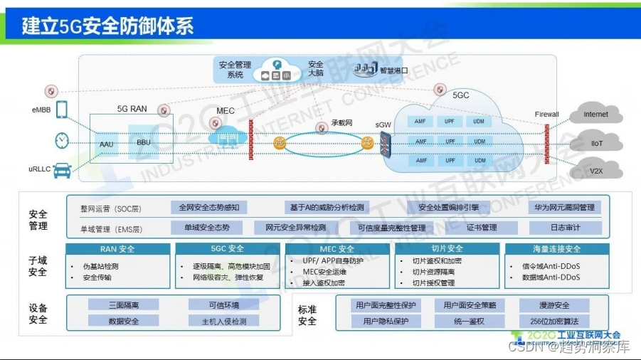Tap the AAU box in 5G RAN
(107, 144)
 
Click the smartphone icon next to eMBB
(62, 110)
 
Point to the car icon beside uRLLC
(63, 169)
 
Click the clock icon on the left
(63, 140)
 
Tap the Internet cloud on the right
(595, 115)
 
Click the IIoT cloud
(595, 143)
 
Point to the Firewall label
(546, 114)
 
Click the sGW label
(383, 125)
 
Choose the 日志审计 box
(565, 228)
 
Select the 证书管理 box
(482, 228)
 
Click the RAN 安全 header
(117, 249)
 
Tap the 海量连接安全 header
(556, 249)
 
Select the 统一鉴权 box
(469, 321)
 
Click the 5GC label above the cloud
(461, 95)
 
